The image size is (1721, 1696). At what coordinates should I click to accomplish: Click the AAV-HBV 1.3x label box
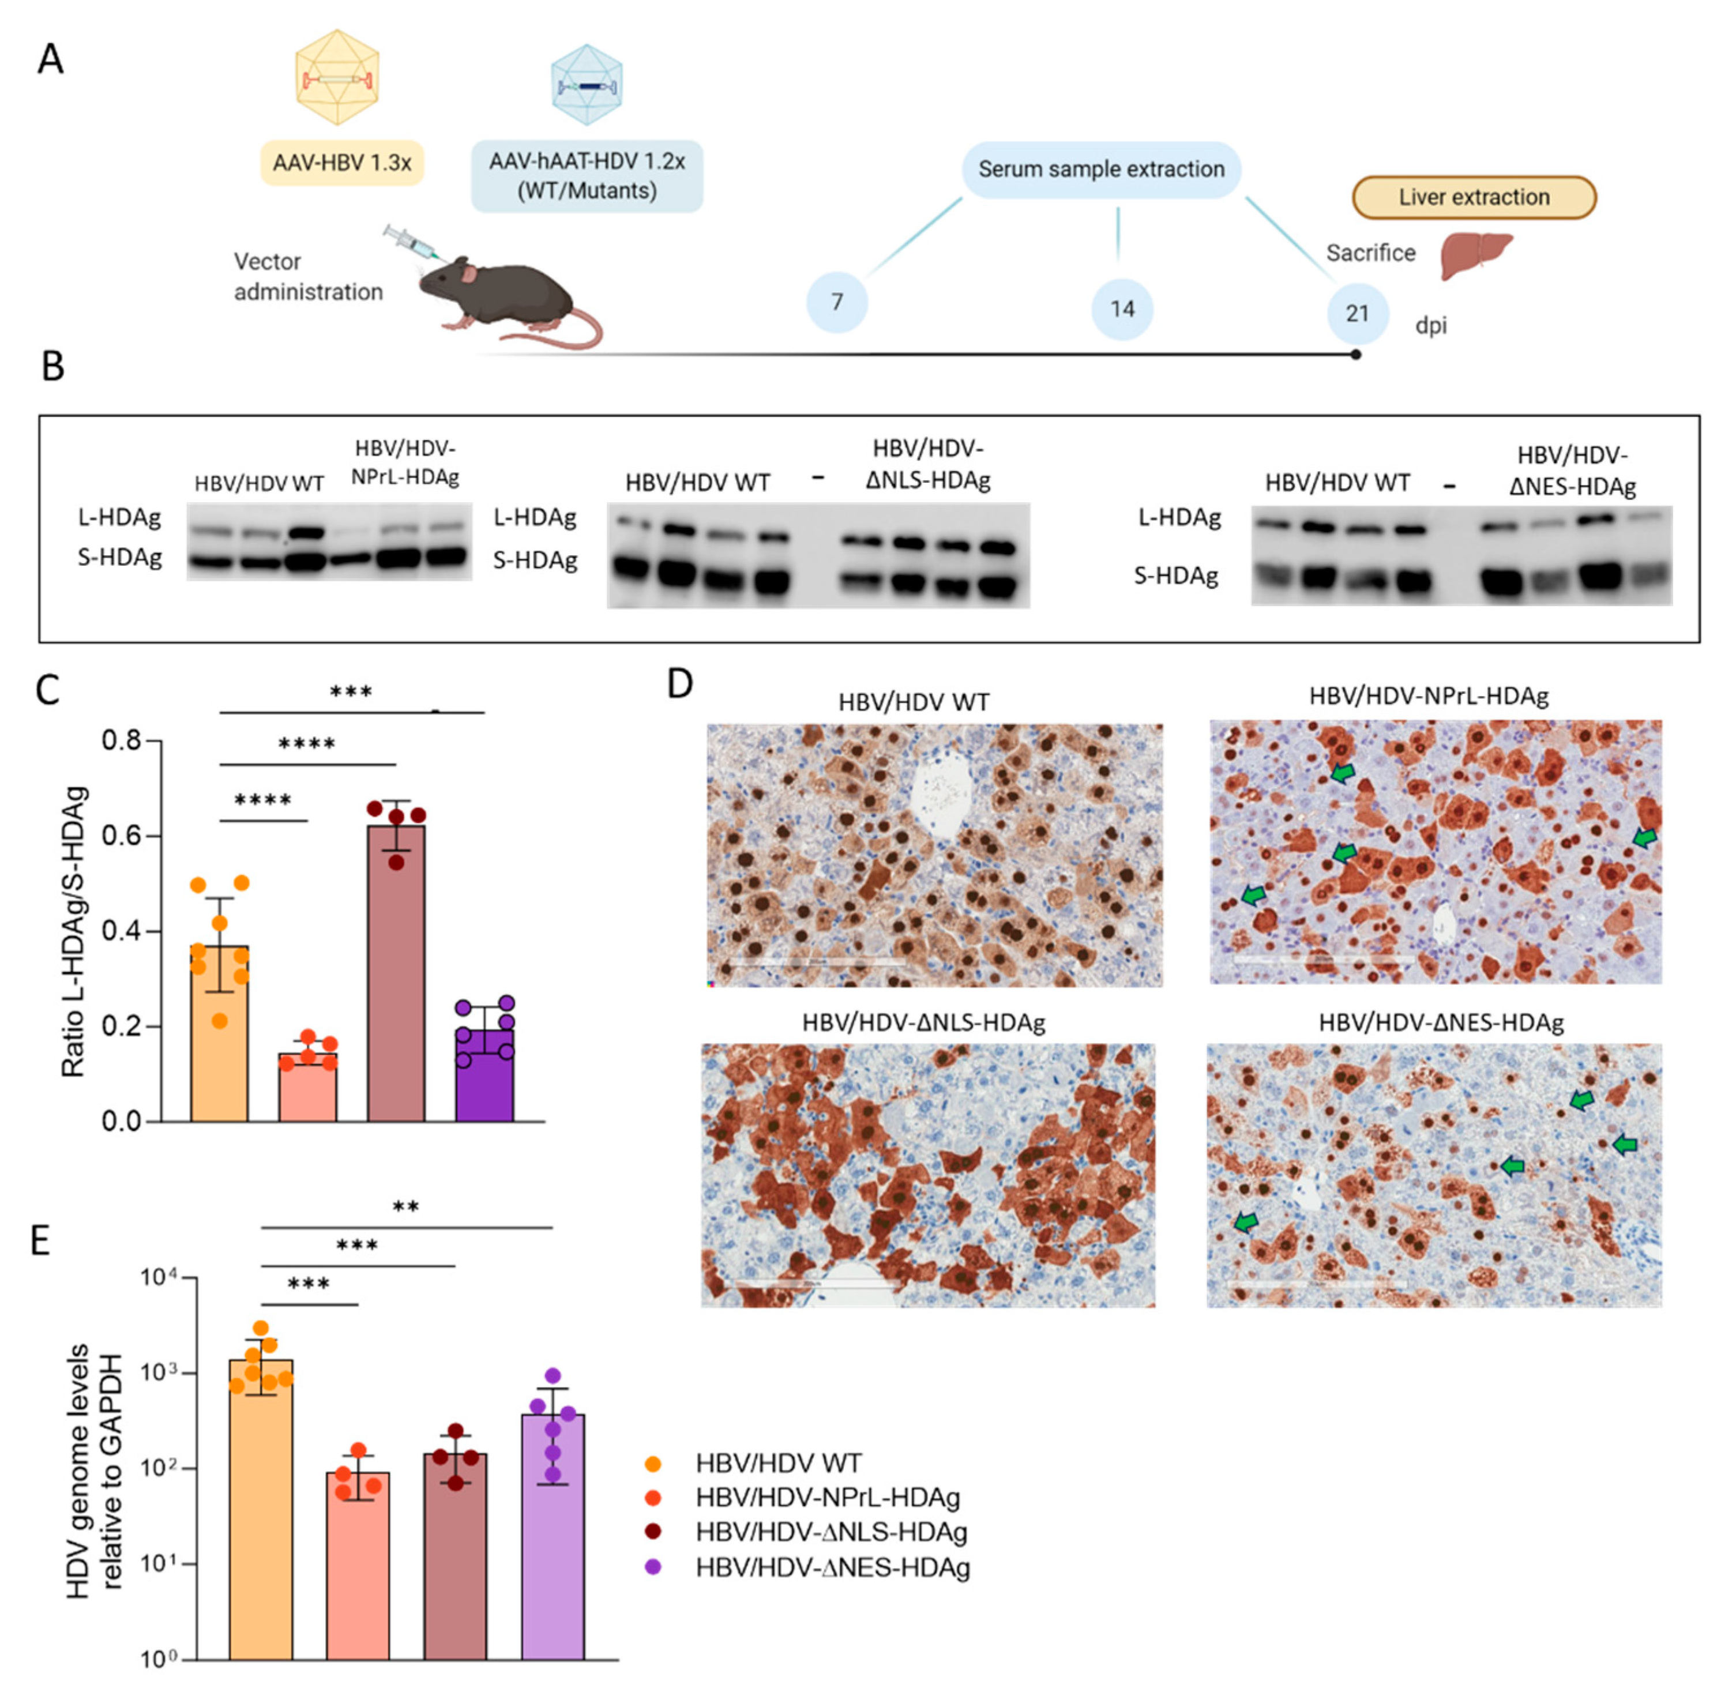click(342, 163)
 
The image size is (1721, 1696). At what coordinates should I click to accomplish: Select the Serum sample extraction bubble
click(1101, 169)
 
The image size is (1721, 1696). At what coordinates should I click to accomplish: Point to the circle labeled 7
click(836, 303)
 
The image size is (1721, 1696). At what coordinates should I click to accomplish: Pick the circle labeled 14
click(1122, 309)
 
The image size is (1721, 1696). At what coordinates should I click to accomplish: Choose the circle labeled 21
click(1356, 314)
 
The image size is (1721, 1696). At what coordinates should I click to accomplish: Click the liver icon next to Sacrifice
click(1476, 254)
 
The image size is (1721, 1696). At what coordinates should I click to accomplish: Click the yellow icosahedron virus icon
click(337, 77)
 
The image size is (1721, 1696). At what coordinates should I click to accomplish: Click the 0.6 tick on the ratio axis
click(122, 836)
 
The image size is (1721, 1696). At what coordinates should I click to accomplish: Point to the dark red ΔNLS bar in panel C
click(396, 975)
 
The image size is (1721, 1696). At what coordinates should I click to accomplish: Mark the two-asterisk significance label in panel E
click(405, 1208)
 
